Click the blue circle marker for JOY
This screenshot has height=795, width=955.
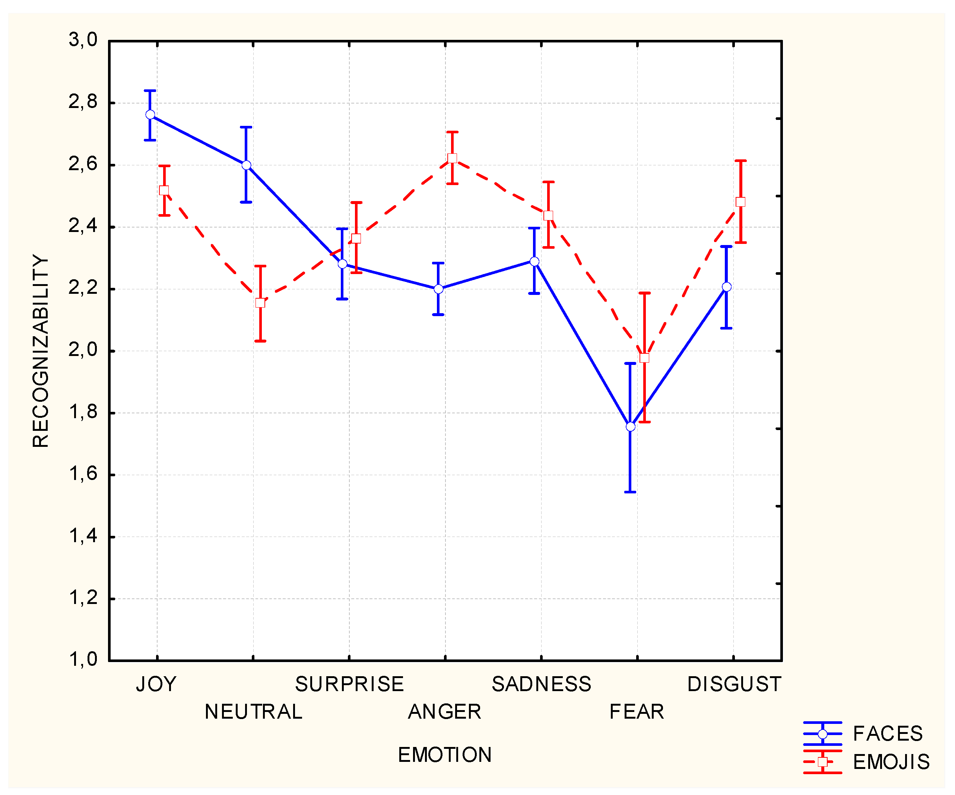pos(150,115)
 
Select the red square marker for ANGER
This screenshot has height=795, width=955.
pos(452,158)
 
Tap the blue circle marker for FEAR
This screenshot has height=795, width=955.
pos(630,427)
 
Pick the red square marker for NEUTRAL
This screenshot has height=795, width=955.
pos(260,303)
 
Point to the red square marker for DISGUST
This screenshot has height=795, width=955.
pos(740,202)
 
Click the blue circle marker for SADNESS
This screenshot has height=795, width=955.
pos(534,261)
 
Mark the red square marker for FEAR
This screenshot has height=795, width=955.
pos(644,358)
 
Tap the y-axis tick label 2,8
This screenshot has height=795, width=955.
pos(83,102)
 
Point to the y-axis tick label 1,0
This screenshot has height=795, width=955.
pos(83,659)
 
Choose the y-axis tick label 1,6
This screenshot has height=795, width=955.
pos(83,474)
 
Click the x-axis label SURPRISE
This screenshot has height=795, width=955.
pos(349,684)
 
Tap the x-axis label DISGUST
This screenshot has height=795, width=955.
pos(733,684)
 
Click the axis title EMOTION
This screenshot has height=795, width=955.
pos(444,755)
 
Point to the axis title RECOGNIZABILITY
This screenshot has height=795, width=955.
pos(41,351)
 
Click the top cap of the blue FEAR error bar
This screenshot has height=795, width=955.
pos(630,364)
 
